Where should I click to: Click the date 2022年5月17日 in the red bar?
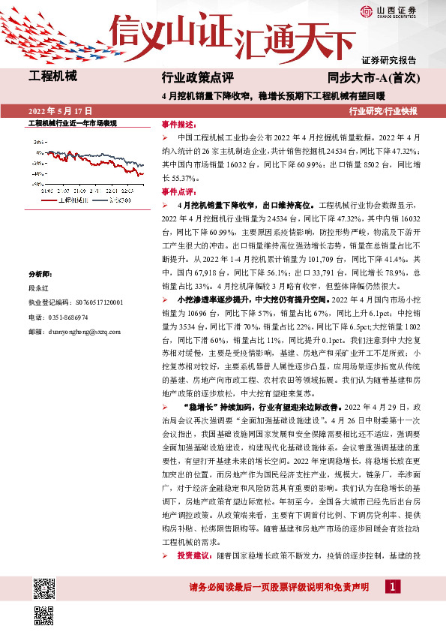64,110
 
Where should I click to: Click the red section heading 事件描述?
178,124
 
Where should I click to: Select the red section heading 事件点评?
178,191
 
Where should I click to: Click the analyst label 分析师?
40,275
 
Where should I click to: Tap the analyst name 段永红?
37,288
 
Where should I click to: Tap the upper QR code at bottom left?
44,588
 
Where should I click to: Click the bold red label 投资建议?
195,556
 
